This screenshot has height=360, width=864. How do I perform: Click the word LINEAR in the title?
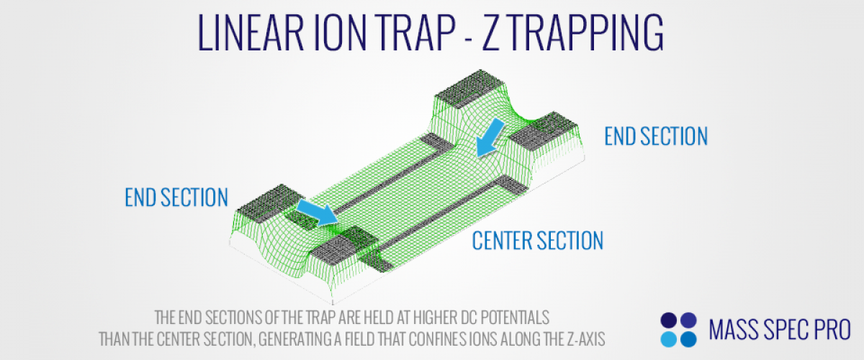tap(251, 32)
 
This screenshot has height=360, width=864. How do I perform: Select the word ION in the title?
tap(340, 32)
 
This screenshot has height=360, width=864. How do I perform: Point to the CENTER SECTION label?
tap(538, 240)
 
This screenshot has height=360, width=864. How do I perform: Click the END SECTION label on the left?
tap(176, 197)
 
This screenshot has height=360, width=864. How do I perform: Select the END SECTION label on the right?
tap(656, 136)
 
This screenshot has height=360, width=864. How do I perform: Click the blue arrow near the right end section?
tap(490, 138)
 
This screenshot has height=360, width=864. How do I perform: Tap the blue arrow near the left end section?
tap(317, 212)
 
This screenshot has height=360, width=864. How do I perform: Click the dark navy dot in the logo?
tap(668, 320)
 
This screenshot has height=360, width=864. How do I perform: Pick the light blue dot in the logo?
tap(668, 339)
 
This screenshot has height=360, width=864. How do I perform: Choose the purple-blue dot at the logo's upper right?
tap(688, 320)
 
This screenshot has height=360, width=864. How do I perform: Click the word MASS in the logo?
tap(733, 330)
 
